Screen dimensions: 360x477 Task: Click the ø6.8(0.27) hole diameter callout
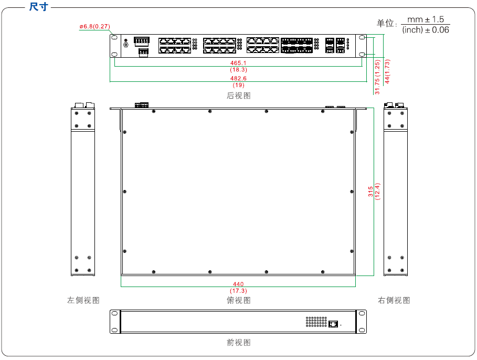click(94, 26)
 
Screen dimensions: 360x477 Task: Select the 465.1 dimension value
click(238, 63)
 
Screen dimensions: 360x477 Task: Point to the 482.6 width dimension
click(238, 78)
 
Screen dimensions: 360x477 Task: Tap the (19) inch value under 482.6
click(238, 85)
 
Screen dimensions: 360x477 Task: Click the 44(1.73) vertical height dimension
click(387, 72)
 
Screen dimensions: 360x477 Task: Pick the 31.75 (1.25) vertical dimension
click(377, 77)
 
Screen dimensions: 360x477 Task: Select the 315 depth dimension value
click(370, 192)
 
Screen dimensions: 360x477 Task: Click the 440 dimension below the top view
click(238, 284)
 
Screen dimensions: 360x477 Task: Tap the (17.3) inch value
click(238, 291)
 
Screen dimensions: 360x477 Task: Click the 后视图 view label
click(238, 96)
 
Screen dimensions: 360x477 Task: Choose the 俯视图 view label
click(238, 300)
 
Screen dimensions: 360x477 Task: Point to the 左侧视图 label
click(83, 300)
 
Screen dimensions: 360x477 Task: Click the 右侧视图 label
click(394, 300)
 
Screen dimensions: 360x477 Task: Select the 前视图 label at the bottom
click(238, 342)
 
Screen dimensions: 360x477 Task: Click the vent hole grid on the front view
click(316, 322)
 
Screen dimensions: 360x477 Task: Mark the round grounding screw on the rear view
click(125, 45)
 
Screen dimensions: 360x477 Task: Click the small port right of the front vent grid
click(333, 323)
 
